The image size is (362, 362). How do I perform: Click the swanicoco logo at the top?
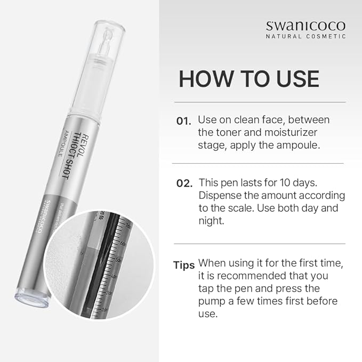click(x=305, y=25)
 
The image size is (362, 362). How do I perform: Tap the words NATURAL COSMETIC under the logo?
click(x=305, y=36)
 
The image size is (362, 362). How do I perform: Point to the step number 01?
click(x=183, y=121)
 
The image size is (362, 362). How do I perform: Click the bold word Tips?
click(x=183, y=265)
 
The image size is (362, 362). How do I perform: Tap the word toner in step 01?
click(x=230, y=132)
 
